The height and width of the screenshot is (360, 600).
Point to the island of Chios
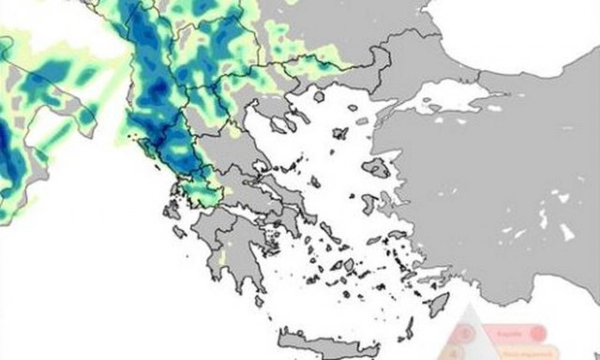[x=368, y=202]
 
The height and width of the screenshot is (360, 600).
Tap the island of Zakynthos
[x=183, y=232]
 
